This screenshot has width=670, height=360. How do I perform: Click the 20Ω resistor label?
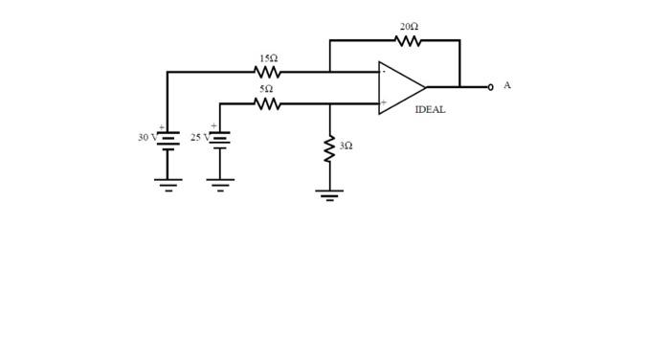409,27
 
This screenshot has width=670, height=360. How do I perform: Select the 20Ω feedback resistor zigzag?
408,40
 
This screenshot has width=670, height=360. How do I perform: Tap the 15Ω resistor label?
268,58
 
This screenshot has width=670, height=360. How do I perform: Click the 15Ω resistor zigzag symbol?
268,72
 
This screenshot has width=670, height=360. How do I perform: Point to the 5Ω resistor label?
267,89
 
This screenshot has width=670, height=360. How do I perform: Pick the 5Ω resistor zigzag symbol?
268,103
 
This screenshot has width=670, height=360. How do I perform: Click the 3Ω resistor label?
346,146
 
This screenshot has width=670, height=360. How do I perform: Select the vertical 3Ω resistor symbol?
330,148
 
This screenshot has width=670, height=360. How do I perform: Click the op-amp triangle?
400,88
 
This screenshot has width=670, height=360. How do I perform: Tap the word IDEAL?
430,110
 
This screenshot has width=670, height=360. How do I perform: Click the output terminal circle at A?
490,87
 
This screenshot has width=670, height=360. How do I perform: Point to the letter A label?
506,85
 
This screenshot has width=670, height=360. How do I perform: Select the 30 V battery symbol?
167,140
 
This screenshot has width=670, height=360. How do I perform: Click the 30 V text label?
146,138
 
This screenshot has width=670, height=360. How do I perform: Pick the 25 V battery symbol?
219,140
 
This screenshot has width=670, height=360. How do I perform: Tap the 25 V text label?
199,138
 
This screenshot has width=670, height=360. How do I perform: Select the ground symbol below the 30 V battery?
167,184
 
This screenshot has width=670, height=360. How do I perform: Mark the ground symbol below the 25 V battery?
219,184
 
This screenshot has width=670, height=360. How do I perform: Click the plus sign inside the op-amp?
384,102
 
